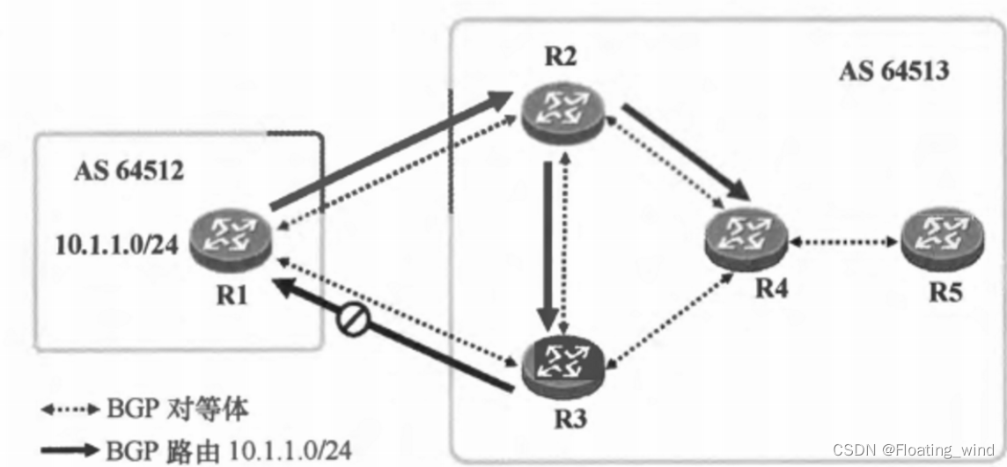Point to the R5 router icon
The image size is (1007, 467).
[935, 237]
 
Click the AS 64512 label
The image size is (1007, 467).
[128, 170]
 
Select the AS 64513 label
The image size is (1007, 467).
[893, 70]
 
